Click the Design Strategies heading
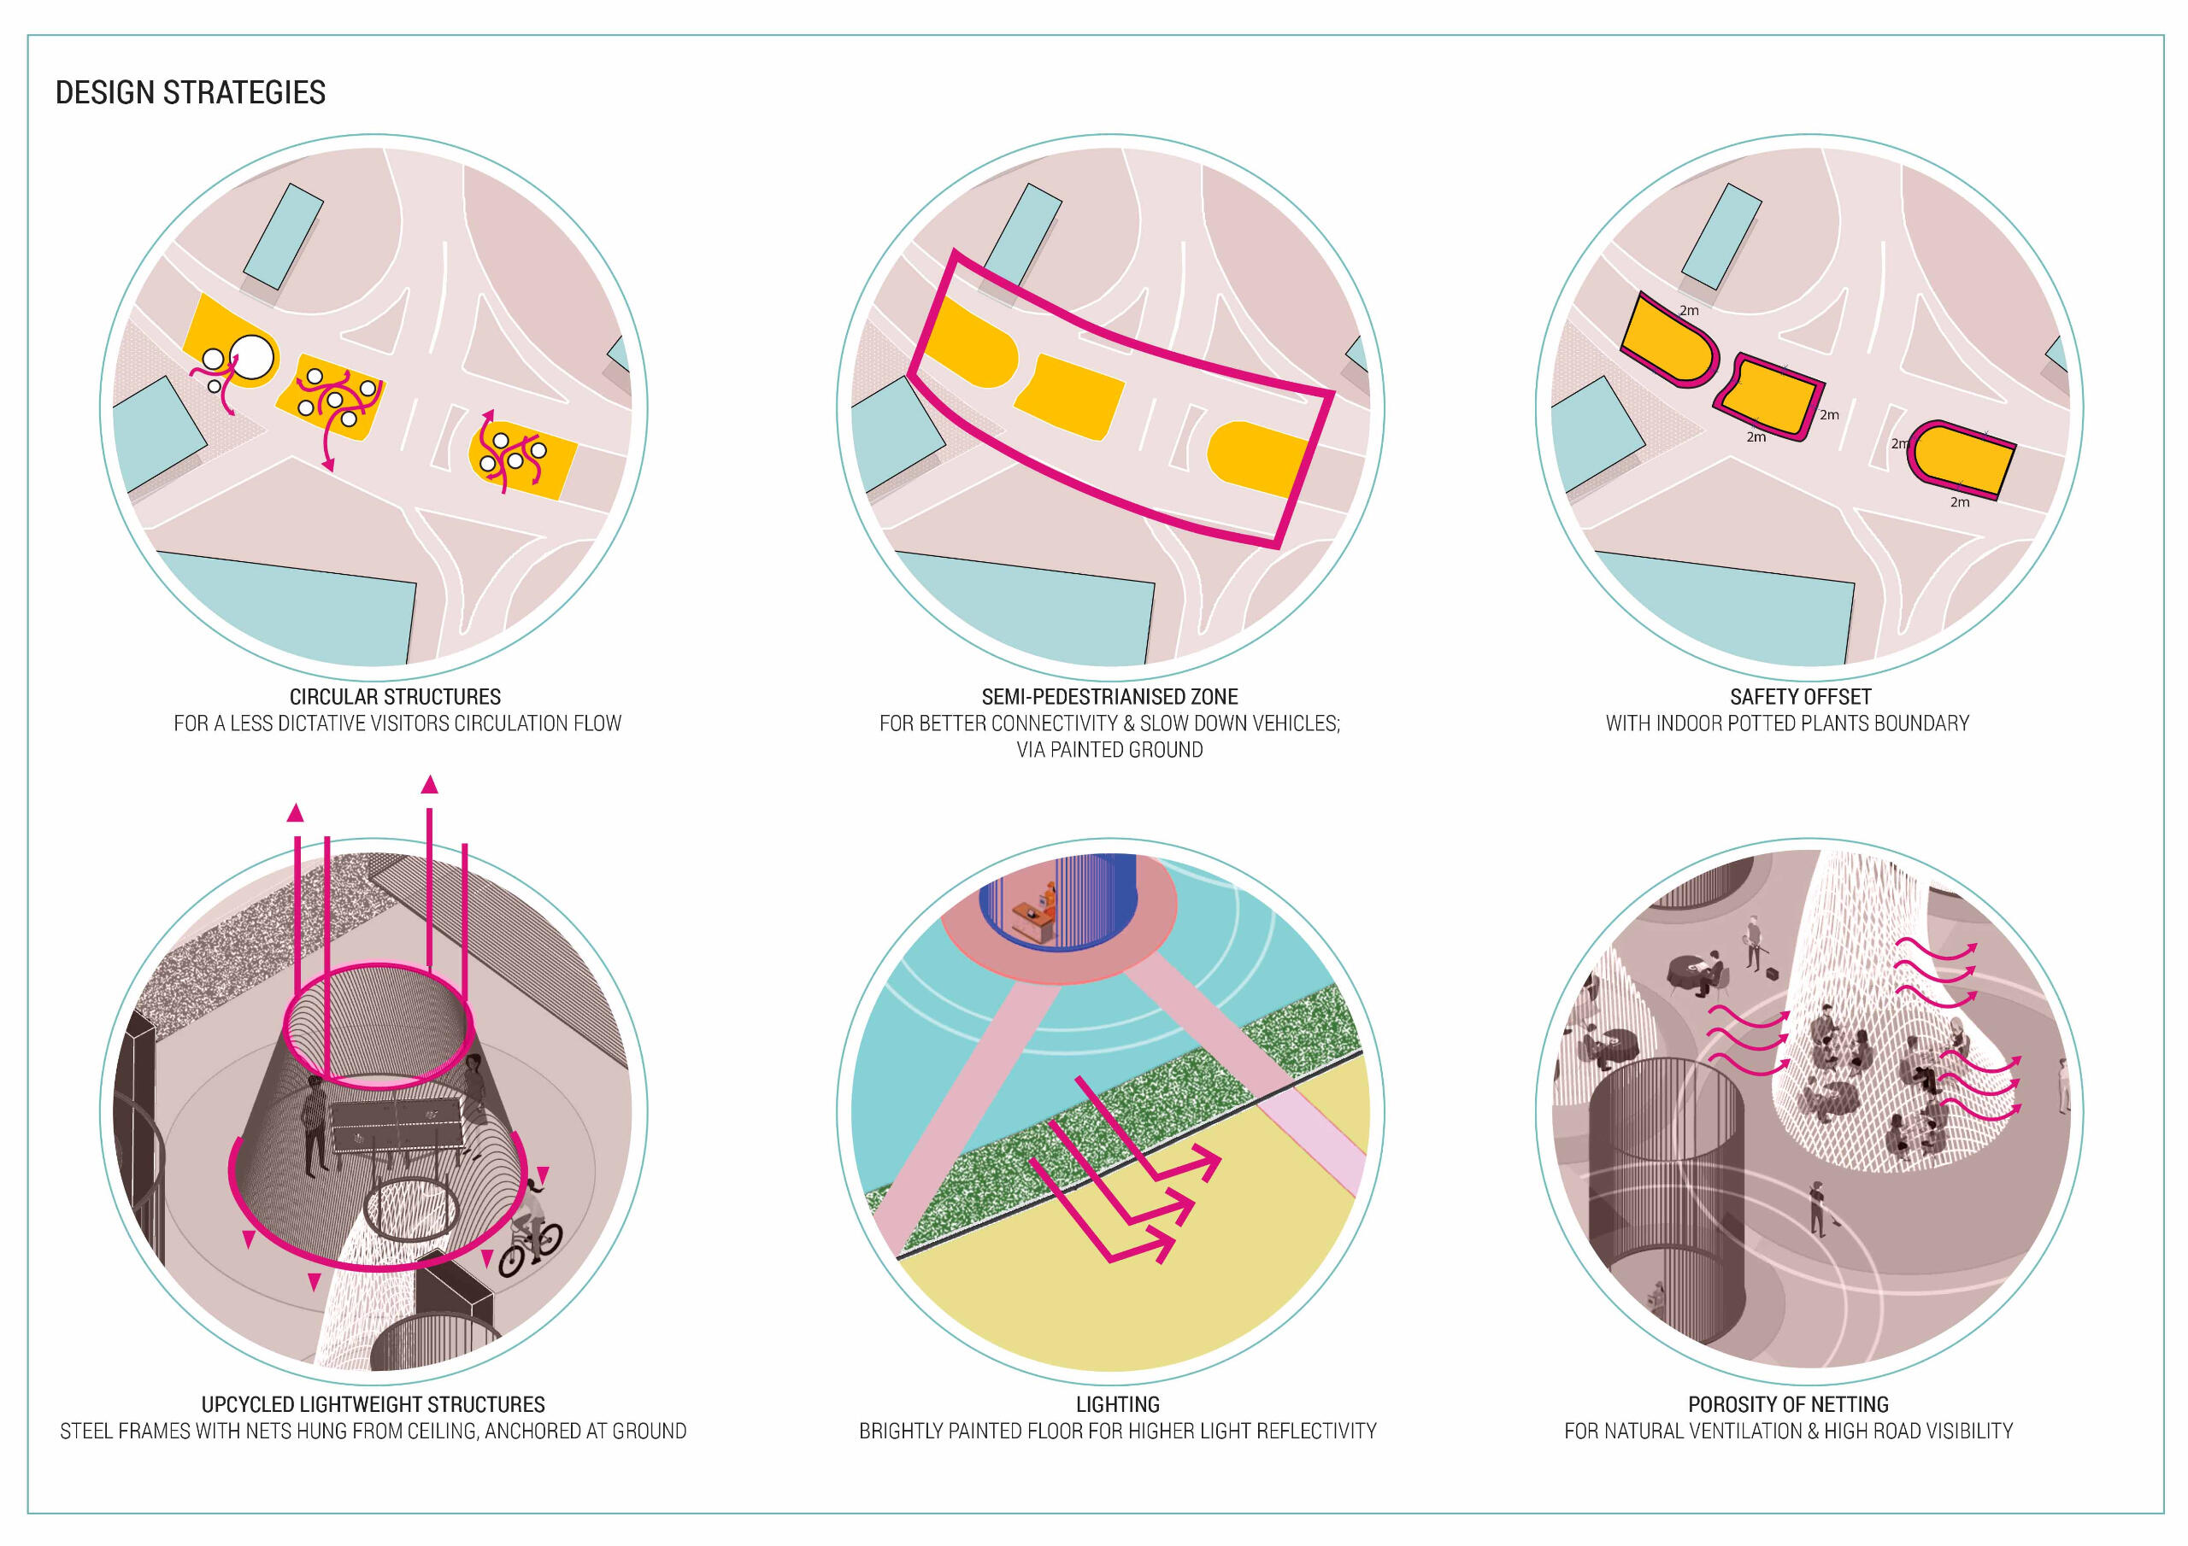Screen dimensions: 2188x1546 click(191, 92)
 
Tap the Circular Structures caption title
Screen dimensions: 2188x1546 click(395, 696)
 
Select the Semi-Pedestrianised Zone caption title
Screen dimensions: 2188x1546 click(1109, 696)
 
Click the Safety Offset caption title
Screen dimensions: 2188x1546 click(1800, 696)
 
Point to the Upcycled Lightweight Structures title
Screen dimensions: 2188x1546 click(373, 1404)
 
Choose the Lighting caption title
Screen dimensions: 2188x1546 click(1117, 1404)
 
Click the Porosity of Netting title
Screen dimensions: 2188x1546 click(1788, 1404)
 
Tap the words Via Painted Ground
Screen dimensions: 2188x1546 click(1109, 750)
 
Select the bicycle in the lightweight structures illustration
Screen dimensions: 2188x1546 click(530, 1241)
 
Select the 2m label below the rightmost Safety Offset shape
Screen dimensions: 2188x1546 click(1959, 502)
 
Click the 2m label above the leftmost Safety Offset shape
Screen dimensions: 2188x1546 click(1689, 311)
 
